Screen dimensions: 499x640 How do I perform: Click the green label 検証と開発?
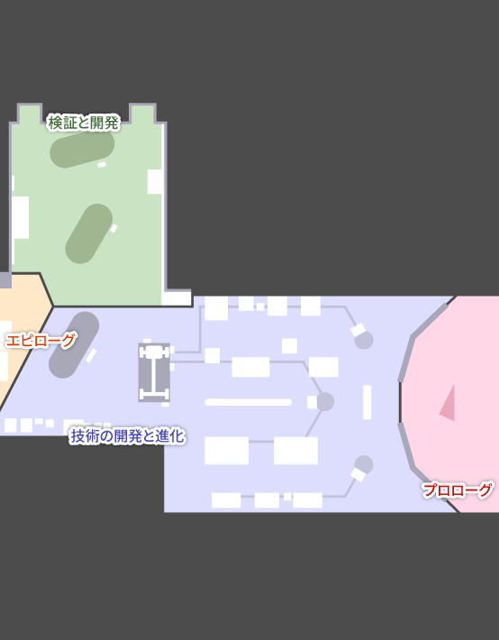click(83, 123)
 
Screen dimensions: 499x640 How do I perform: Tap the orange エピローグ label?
click(41, 340)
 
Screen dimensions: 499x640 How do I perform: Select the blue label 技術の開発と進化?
click(128, 436)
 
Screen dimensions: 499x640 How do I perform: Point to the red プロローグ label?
click(457, 489)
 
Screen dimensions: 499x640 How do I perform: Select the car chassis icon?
click(154, 372)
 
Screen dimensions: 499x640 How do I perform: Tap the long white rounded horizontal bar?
click(248, 402)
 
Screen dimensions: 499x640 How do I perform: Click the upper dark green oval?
click(82, 150)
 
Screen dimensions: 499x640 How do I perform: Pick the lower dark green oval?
click(89, 233)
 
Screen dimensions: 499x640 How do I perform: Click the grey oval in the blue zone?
click(74, 345)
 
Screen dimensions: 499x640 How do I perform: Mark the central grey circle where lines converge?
click(325, 402)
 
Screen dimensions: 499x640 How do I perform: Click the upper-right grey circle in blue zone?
click(364, 340)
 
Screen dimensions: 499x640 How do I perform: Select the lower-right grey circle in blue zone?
click(364, 465)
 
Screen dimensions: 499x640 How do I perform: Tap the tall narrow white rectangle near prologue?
click(367, 402)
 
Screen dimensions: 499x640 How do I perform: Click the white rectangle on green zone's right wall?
click(155, 181)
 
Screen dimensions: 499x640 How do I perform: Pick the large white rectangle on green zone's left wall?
click(20, 217)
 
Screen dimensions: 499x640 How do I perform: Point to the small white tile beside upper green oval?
click(102, 164)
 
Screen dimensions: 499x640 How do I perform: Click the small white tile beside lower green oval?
click(113, 228)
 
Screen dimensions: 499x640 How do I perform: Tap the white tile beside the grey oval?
click(91, 355)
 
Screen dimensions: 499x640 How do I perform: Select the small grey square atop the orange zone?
click(5, 280)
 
